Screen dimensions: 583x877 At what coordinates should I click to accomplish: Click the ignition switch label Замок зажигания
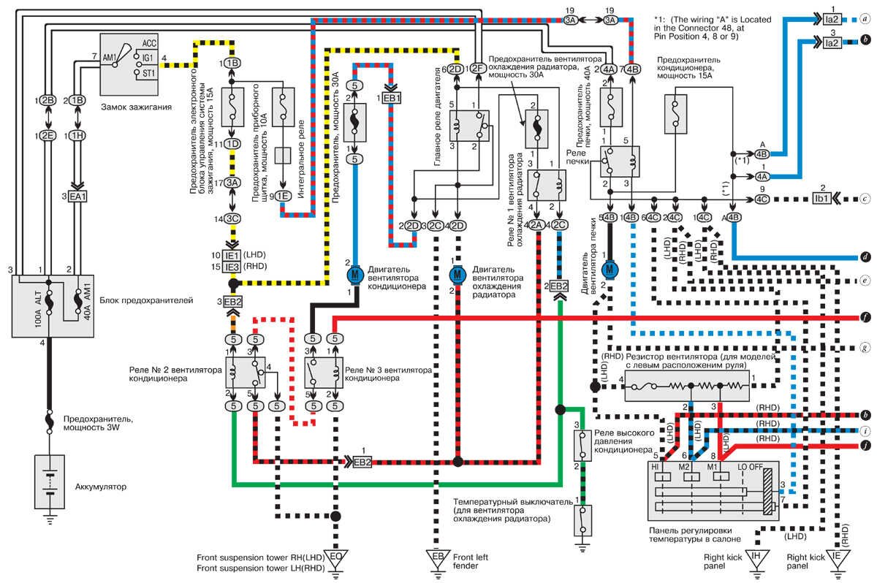pyautogui.click(x=138, y=107)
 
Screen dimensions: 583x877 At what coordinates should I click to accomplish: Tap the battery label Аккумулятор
pyautogui.click(x=101, y=486)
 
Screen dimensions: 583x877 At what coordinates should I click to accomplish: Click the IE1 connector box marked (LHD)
pyautogui.click(x=232, y=255)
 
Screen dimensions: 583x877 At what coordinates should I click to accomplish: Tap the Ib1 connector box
pyautogui.click(x=821, y=198)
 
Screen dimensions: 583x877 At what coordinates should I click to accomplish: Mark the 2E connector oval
pyautogui.click(x=47, y=135)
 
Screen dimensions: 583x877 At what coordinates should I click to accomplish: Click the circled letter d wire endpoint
pyautogui.click(x=865, y=257)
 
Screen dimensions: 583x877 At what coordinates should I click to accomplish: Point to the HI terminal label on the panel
pyautogui.click(x=657, y=465)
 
